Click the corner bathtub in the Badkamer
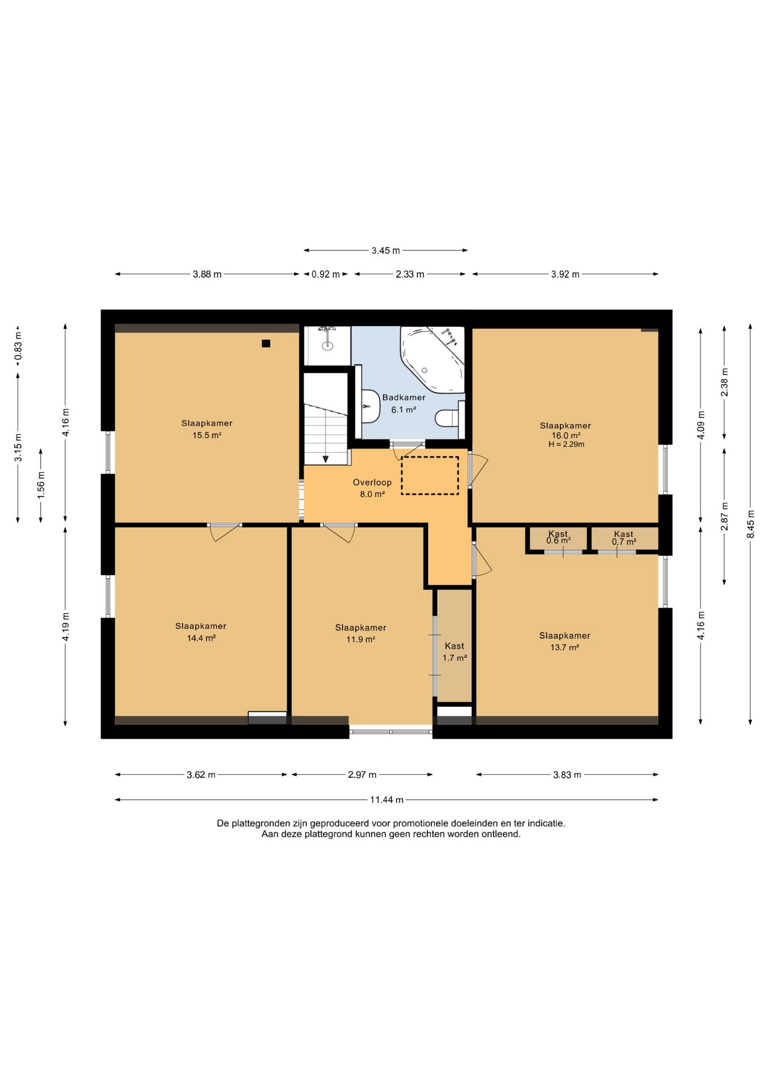coord(432,359)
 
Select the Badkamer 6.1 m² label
coord(404,403)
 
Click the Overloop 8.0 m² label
coord(372,488)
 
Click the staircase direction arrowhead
coord(326,459)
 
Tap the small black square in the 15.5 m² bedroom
coord(266,343)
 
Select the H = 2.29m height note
coord(566,445)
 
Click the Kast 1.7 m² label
coord(455,652)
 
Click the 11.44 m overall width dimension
coord(387,800)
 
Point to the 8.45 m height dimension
coord(750,524)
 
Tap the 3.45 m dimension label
coord(386,251)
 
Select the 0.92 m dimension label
coord(326,274)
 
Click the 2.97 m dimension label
coord(362,775)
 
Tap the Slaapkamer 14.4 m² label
coord(201,632)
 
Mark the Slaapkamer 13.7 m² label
coord(565,641)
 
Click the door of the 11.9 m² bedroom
coord(339,532)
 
